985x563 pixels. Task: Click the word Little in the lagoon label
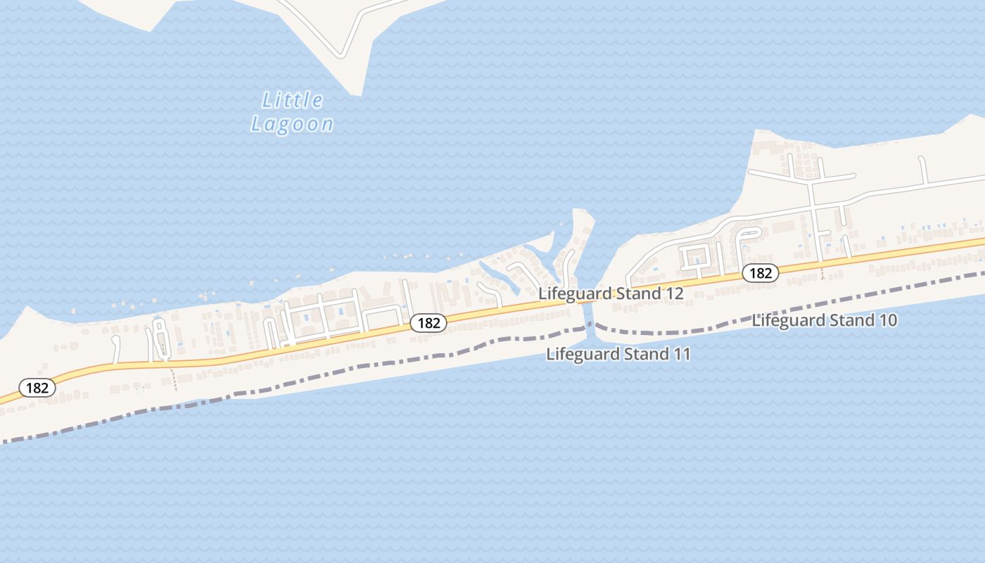[x=293, y=101]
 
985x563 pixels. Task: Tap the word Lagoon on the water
[x=293, y=125]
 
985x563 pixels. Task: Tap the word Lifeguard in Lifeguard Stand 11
[x=579, y=355]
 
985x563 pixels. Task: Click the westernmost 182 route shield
[x=37, y=388]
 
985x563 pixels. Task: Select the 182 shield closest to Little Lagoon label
[x=428, y=323]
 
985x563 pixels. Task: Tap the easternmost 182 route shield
[x=761, y=273]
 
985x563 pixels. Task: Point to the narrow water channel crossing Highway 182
[x=588, y=310]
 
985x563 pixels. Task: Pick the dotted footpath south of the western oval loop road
[x=173, y=377]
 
